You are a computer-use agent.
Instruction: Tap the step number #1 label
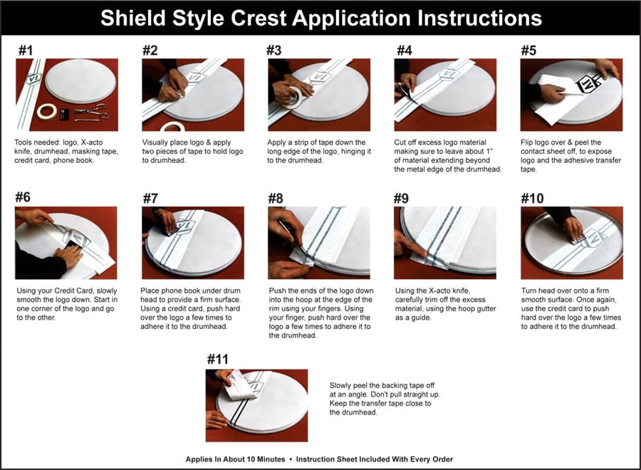tap(26, 51)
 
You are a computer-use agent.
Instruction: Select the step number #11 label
tap(217, 359)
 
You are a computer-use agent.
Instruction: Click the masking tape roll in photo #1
tap(46, 111)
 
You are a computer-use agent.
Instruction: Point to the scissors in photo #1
tap(91, 111)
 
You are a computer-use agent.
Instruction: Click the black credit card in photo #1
tap(64, 115)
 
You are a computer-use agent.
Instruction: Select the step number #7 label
tap(150, 198)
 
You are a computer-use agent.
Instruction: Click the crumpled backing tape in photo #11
tap(240, 385)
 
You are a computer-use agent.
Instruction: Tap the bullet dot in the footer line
tap(291, 459)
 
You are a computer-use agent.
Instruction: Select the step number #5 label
tap(528, 51)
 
